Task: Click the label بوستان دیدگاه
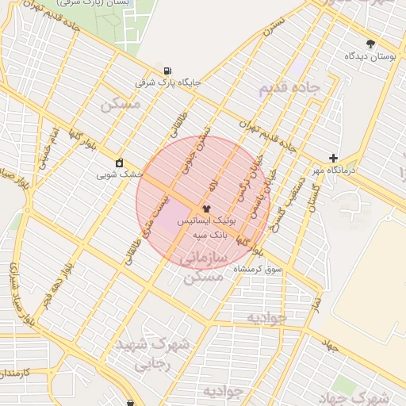pyautogui.click(x=370, y=56)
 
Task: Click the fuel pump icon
pyautogui.click(x=165, y=69)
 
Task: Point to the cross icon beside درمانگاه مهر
pyautogui.click(x=334, y=158)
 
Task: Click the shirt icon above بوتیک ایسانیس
pyautogui.click(x=206, y=207)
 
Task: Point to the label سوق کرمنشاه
pyautogui.click(x=258, y=270)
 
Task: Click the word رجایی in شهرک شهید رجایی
pyautogui.click(x=151, y=366)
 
